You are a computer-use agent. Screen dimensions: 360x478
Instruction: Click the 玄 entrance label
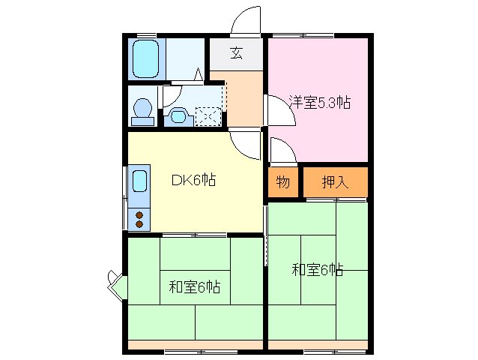coord(236,52)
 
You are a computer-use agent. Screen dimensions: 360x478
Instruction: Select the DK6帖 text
coord(194,180)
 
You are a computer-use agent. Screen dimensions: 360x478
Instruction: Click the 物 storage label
coord(282,181)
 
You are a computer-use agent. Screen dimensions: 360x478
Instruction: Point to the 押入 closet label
coord(334,181)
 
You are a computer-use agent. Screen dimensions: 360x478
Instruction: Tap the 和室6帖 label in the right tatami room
coord(318,269)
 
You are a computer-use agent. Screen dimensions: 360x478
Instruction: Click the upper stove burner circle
coord(139,214)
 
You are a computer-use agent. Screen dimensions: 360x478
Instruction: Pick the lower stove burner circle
coord(139,223)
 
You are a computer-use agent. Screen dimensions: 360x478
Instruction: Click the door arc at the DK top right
coord(244,142)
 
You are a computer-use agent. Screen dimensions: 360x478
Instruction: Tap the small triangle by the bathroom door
coord(199,73)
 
